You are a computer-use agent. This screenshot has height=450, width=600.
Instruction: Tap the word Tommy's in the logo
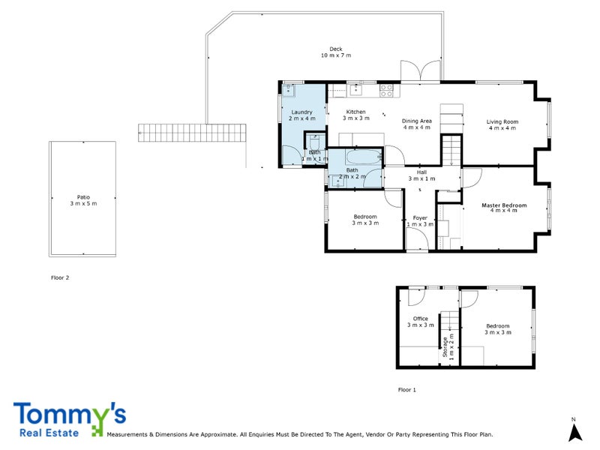[69, 415]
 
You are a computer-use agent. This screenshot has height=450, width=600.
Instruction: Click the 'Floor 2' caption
[60, 277]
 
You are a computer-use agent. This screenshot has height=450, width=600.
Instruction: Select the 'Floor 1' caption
[406, 390]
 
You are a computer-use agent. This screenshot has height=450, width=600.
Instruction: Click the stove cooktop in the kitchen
[387, 90]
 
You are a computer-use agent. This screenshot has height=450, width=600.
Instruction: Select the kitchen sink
[357, 91]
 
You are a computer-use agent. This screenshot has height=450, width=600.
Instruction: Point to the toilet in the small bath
[315, 142]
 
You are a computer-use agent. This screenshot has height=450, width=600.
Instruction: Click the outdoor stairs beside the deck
[193, 133]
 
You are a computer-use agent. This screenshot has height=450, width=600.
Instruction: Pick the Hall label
[421, 175]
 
